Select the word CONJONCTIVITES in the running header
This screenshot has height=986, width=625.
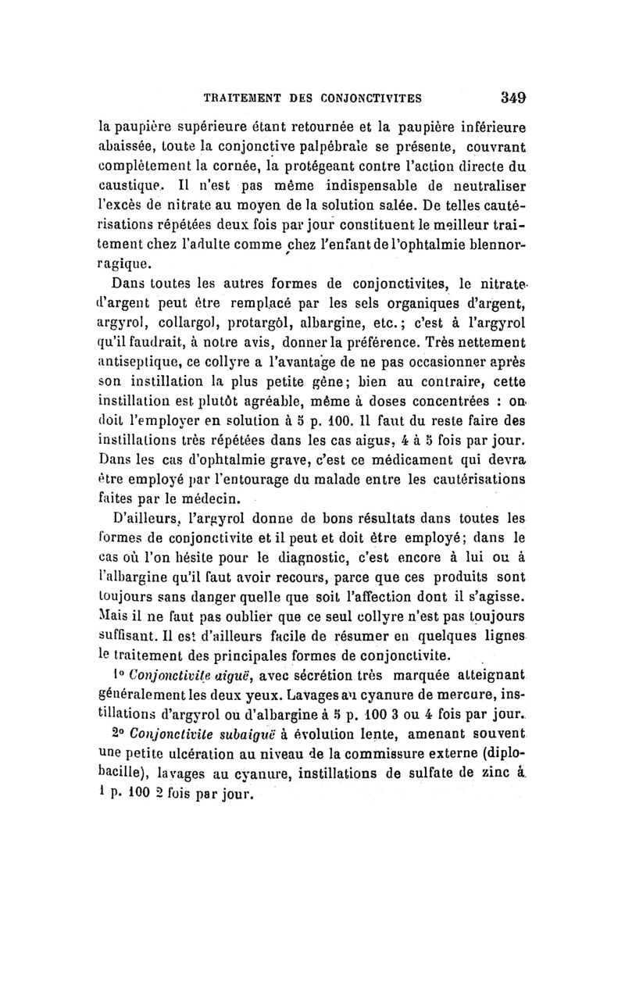(368, 98)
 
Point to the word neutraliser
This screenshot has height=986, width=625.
(483, 208)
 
